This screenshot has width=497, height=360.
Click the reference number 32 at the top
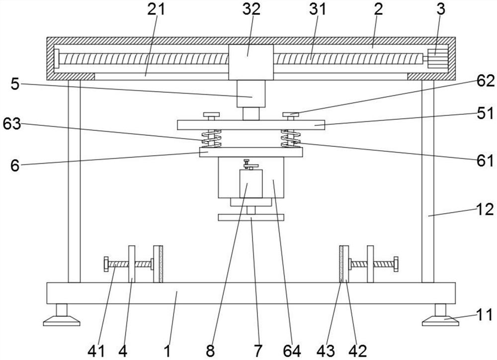(251, 9)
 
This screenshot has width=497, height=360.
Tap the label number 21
(156, 9)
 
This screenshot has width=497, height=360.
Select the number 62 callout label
(485, 81)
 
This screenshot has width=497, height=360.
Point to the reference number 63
(12, 124)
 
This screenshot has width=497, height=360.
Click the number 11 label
(485, 315)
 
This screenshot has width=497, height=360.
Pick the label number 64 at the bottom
(292, 351)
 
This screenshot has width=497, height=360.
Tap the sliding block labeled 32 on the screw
(250, 62)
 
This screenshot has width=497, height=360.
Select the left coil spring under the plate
(211, 139)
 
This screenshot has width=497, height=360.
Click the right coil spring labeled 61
(290, 139)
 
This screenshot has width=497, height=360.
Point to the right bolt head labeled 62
(291, 114)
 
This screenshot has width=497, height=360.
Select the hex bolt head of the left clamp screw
(106, 264)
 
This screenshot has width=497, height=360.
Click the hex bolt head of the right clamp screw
(396, 264)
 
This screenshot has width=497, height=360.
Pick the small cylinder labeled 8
(251, 184)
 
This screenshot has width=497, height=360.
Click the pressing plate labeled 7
(251, 218)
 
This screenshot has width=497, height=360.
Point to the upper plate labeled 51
(251, 125)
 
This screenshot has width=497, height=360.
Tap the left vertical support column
(74, 181)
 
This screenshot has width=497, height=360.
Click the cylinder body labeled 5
(250, 93)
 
